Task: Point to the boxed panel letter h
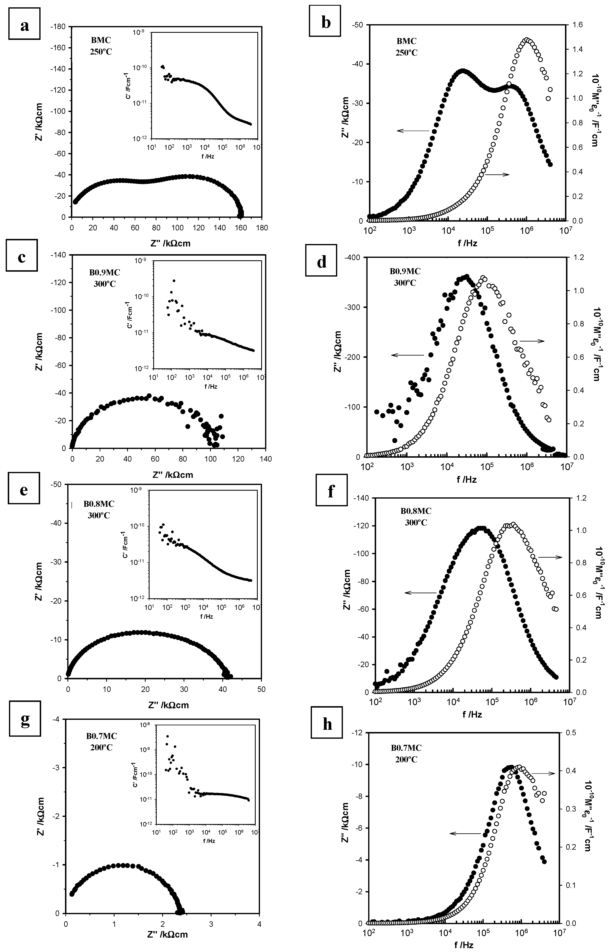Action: tap(327, 724)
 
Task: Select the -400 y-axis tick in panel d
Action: tap(352, 258)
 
